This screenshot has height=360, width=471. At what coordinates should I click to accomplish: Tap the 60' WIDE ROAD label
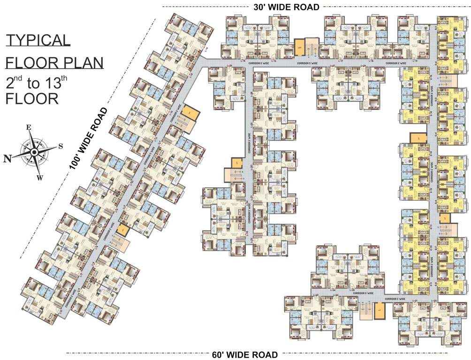[x=244, y=354]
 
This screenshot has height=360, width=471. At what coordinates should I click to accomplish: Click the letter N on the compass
[x=7, y=158]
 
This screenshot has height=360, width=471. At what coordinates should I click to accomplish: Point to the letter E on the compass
[x=29, y=127]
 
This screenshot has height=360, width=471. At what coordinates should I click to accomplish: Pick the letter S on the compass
[x=61, y=145]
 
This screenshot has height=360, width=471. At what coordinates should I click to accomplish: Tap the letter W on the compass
[x=40, y=177]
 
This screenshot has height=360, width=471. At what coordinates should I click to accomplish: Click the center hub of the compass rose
[x=34, y=152]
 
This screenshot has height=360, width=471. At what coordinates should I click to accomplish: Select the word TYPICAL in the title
[x=38, y=40]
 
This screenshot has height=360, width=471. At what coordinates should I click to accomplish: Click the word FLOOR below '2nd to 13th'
[x=32, y=99]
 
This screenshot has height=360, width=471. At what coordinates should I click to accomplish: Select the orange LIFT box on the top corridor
[x=299, y=47]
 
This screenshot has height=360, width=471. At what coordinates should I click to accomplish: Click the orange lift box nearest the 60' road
[x=379, y=310]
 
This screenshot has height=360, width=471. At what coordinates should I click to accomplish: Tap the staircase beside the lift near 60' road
[x=365, y=310]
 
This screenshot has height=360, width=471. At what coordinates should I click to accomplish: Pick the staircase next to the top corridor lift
[x=311, y=46]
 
